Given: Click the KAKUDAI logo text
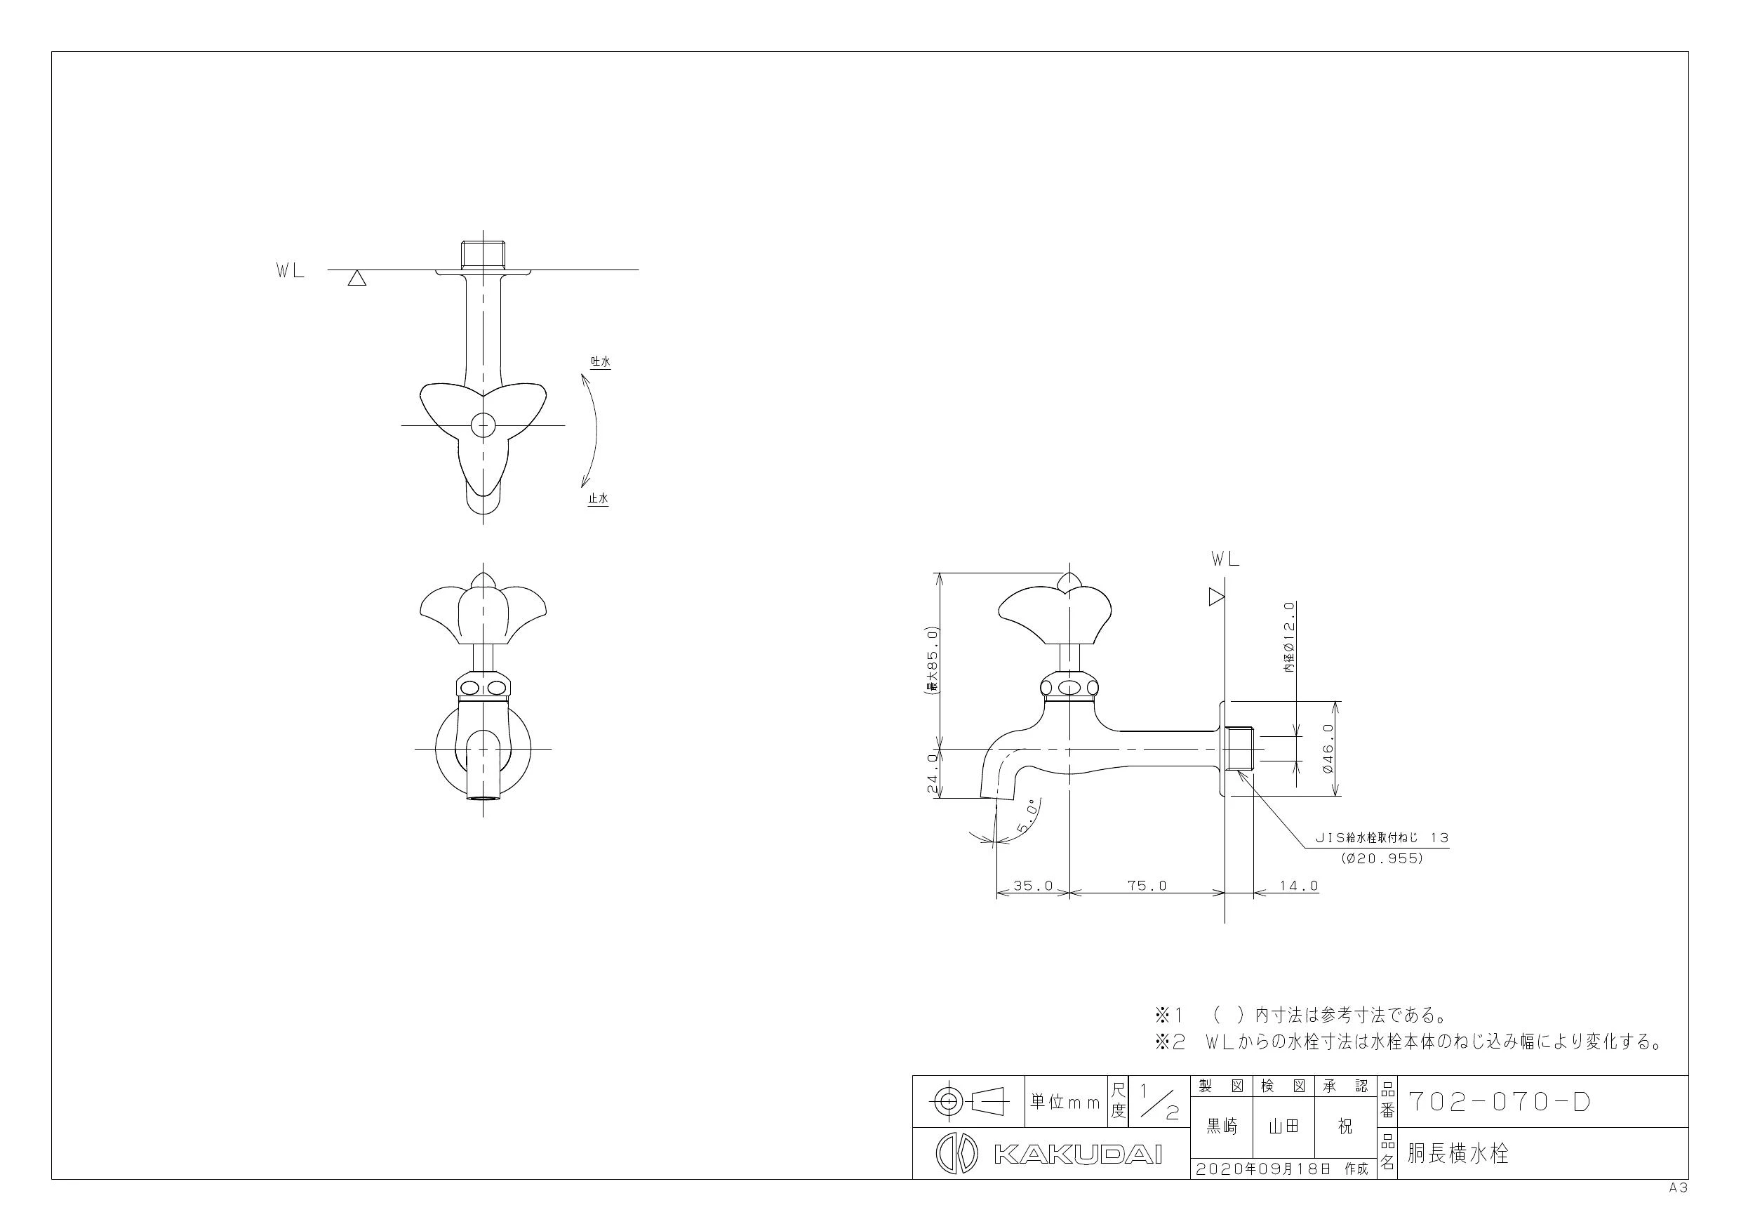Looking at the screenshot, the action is coord(1077,1155).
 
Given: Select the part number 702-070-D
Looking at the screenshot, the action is coord(1498,1102).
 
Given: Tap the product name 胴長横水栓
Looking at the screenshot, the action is coord(1458,1154).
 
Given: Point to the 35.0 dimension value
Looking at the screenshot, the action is coord(1033,885).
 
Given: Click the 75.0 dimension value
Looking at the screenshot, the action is coord(1147,885).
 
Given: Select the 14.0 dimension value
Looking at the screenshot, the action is coord(1298,885).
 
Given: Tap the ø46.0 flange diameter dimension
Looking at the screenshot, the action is coord(1327,749).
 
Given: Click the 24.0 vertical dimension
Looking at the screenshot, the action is coord(932,773).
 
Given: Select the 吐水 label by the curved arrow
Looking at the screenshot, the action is coord(601,362).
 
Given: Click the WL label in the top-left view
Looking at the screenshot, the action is coord(291,272).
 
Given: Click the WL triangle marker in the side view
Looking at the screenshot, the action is coord(1216,597).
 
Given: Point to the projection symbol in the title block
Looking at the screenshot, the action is coord(968,1100).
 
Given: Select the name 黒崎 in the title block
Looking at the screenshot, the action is coord(1222,1127).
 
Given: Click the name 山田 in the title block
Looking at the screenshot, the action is coord(1283,1127).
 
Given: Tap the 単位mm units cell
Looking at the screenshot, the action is coord(1065,1102).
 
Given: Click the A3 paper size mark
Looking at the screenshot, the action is coord(1678,1188).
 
